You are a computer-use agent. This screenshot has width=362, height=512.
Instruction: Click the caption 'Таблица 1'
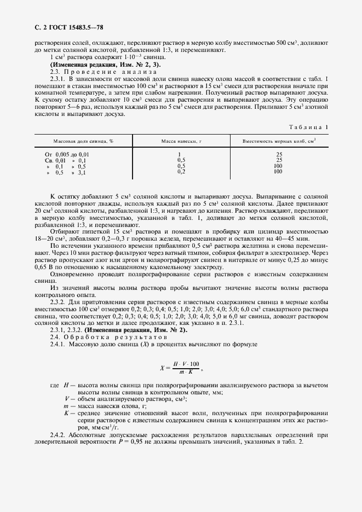point(309,127)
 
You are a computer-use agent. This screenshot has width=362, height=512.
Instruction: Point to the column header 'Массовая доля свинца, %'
point(83,141)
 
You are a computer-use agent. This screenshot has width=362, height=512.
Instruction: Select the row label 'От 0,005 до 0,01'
point(67,155)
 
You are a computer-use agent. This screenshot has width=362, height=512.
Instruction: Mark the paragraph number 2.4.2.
point(59,435)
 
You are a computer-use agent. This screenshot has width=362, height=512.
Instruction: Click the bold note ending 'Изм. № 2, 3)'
point(97,65)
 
